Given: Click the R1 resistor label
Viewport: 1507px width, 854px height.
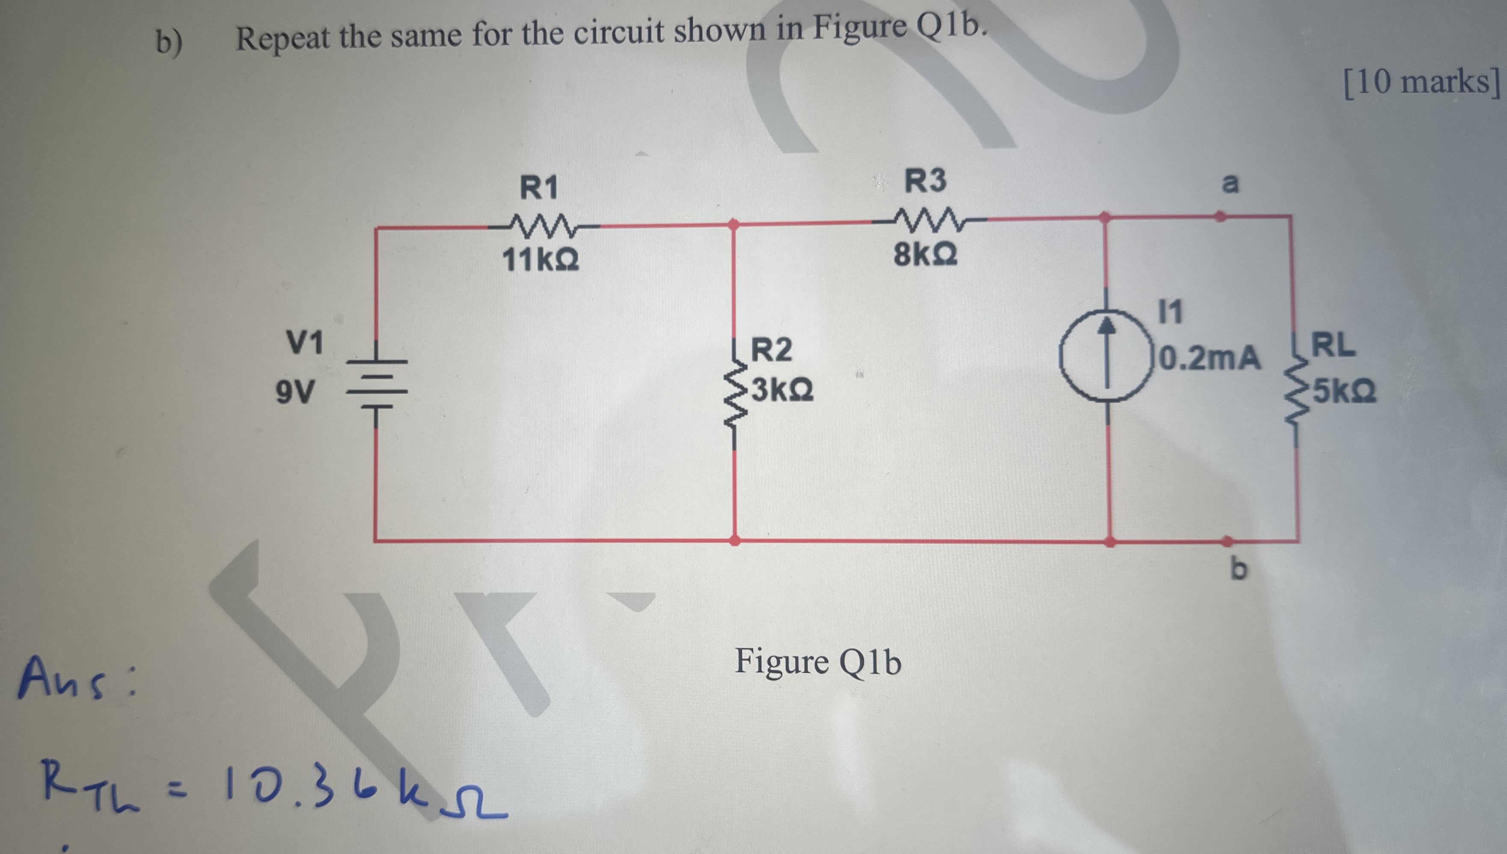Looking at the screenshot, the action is pyautogui.click(x=539, y=188).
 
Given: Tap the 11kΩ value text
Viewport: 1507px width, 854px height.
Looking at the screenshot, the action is pyautogui.click(x=541, y=260).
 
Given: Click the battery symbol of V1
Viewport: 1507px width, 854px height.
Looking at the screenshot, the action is pyautogui.click(x=376, y=384).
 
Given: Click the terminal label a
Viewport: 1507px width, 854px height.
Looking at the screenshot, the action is pyautogui.click(x=1229, y=183).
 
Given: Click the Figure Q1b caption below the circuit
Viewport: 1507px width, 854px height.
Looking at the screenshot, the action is pyautogui.click(x=817, y=662).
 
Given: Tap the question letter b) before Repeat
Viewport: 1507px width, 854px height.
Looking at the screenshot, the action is pyautogui.click(x=169, y=42).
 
